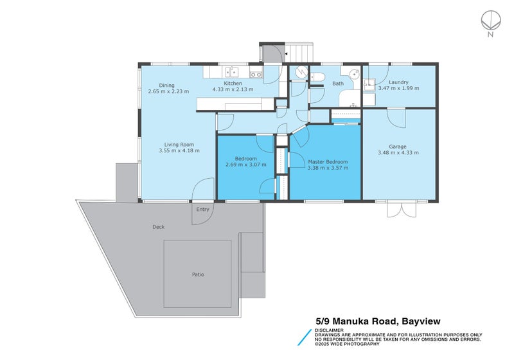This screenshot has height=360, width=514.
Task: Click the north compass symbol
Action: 490,21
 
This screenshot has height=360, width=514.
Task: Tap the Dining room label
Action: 167,85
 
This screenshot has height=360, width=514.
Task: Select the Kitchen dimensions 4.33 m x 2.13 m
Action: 233,91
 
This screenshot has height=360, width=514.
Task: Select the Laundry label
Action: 398,82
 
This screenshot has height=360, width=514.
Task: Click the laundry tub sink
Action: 369,83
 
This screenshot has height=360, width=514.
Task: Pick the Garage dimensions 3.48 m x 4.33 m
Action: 398,152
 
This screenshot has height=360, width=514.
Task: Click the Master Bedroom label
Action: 328,161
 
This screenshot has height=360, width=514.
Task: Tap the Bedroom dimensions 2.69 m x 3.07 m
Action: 246,165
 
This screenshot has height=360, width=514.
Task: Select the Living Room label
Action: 179,145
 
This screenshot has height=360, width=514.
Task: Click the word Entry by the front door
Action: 203,209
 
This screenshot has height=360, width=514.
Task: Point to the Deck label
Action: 159,227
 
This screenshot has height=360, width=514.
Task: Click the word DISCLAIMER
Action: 330,330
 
